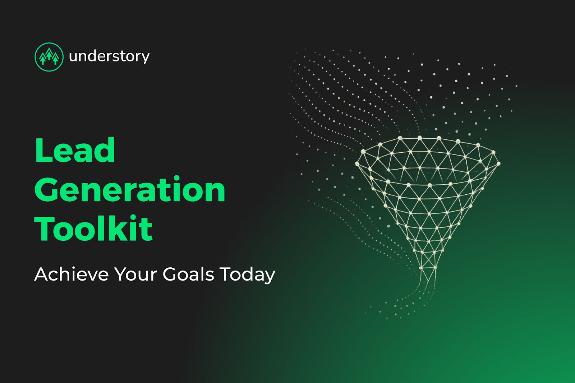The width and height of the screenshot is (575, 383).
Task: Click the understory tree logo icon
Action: (49, 57)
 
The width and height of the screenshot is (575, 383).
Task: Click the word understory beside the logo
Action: (109, 57)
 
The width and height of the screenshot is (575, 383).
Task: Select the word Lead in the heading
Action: (75, 151)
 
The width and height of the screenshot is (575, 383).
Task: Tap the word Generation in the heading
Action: (130, 190)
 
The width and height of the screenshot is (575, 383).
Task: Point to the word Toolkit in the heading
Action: (94, 229)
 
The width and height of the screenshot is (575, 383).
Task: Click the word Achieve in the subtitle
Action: (71, 274)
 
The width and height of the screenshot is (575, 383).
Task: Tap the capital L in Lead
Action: (43, 151)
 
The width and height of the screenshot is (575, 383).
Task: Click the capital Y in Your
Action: (121, 274)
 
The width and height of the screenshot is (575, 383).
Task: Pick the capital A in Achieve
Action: (42, 274)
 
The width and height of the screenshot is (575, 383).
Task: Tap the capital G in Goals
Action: (170, 274)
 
